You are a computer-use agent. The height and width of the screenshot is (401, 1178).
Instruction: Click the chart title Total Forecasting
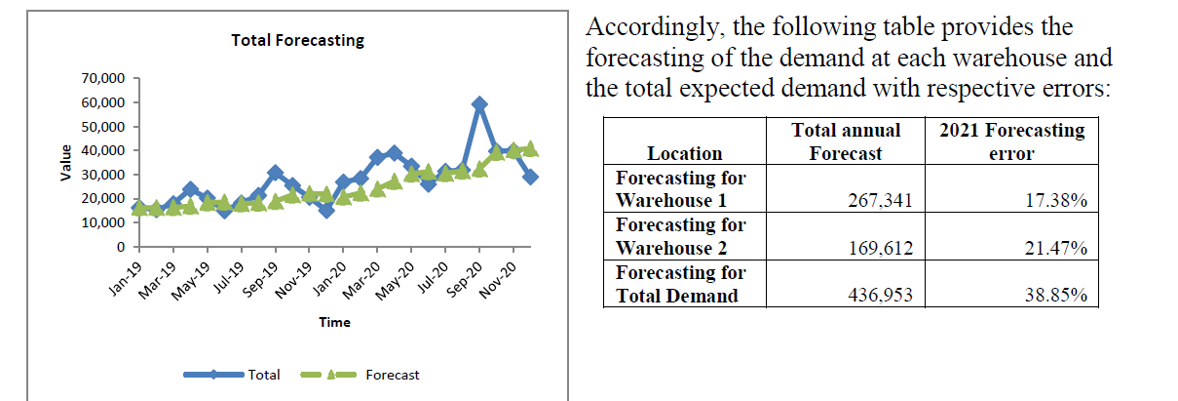tap(297, 41)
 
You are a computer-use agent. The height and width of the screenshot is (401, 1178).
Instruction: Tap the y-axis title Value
tap(65, 162)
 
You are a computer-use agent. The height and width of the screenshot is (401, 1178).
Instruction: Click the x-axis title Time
tap(335, 322)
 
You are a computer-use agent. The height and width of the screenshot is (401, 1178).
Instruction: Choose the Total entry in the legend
tap(264, 375)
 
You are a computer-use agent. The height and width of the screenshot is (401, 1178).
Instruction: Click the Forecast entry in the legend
tap(392, 375)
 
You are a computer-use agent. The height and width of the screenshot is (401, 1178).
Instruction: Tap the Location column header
tap(685, 153)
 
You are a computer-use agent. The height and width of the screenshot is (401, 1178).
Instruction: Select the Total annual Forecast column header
tap(846, 141)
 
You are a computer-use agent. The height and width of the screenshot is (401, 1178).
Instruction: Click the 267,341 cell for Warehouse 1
tap(881, 201)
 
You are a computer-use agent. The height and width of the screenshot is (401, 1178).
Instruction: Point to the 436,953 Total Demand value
tap(881, 296)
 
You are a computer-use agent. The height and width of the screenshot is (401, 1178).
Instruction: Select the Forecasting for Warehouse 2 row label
tap(681, 236)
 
